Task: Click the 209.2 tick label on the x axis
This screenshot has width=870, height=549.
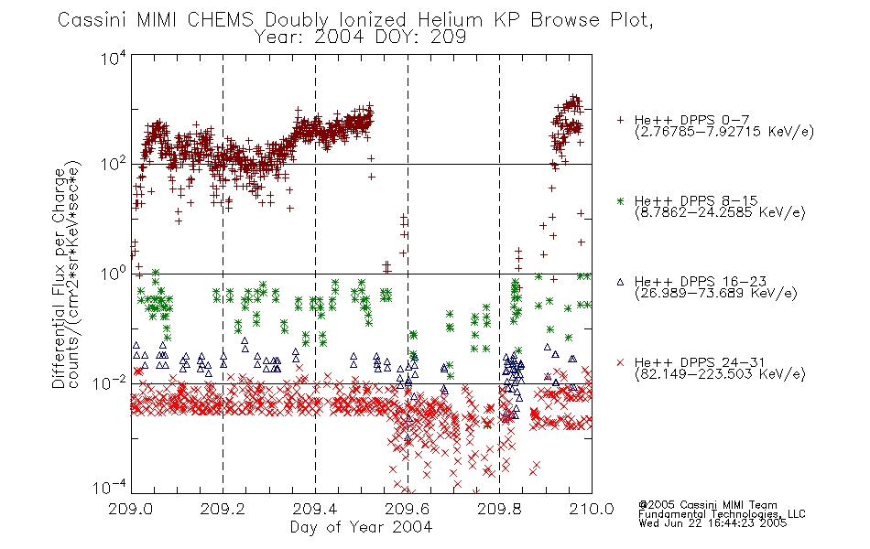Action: [223, 509]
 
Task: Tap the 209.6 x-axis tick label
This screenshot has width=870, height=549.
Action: [408, 509]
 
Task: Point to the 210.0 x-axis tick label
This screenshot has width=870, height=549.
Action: [592, 509]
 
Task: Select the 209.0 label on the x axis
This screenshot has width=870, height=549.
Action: [130, 509]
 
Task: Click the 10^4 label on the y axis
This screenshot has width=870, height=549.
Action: [114, 58]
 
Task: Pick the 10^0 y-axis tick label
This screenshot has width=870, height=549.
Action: [114, 274]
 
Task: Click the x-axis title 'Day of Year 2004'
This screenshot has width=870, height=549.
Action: [361, 527]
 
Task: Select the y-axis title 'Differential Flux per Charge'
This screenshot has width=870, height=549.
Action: [60, 278]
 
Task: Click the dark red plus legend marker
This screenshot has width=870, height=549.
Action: [620, 120]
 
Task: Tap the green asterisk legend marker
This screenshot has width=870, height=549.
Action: [620, 201]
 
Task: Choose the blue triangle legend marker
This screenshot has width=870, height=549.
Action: [620, 282]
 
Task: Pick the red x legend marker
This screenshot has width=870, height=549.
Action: [620, 362]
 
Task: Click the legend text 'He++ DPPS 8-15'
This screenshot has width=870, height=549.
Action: [696, 200]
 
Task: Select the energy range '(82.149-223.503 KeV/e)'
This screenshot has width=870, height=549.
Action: [720, 374]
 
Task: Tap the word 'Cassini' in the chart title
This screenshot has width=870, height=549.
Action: [93, 20]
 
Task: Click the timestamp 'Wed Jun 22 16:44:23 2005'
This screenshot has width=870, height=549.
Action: [712, 523]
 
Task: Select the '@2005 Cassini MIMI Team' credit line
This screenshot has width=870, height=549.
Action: [707, 505]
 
